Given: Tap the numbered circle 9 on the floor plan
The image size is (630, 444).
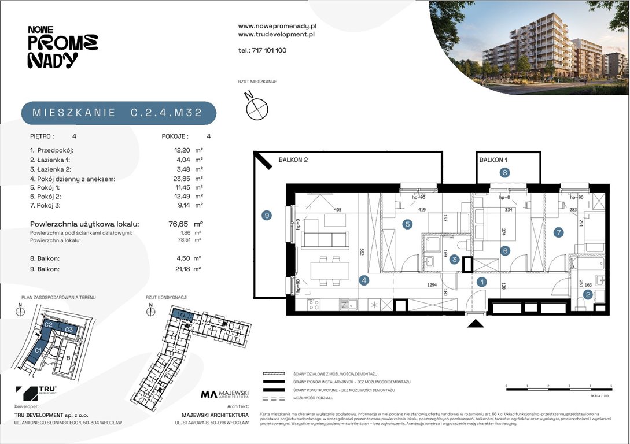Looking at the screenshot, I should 266,216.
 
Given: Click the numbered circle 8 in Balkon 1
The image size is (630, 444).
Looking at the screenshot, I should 505,172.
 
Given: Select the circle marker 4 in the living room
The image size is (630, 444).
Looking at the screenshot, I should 364,281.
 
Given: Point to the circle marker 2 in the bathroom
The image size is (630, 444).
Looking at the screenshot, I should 587,295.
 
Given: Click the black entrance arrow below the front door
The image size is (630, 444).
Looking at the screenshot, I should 476,324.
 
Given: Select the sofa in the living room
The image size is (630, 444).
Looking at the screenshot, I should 325,239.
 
